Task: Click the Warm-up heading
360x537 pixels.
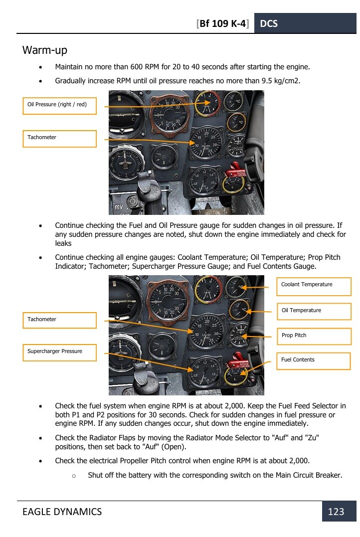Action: click(x=45, y=50)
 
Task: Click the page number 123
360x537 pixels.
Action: click(x=336, y=512)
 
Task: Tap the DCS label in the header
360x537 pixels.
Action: click(x=269, y=23)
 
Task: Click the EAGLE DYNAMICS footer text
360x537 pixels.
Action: click(x=62, y=512)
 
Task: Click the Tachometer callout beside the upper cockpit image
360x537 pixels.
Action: click(x=59, y=138)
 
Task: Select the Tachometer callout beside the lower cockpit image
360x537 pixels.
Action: click(x=59, y=320)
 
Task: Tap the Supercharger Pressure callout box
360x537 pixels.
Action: click(x=59, y=352)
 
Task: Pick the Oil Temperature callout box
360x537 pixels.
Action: click(x=314, y=311)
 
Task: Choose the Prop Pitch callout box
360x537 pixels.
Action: click(x=314, y=336)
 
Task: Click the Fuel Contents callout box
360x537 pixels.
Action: click(x=314, y=360)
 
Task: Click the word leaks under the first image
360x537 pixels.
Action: click(x=63, y=243)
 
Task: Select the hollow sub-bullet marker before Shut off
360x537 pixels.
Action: click(x=73, y=476)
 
